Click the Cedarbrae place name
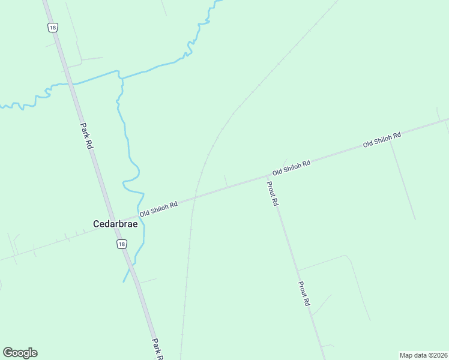click(115, 224)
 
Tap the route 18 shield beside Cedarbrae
click(122, 244)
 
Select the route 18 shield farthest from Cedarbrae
click(52, 27)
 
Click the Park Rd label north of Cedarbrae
click(86, 136)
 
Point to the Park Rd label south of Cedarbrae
click(157, 349)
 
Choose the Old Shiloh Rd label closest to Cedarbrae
click(158, 209)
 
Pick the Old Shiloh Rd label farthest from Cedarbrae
click(381, 140)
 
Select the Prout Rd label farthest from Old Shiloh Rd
click(304, 295)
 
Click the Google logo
click(20, 353)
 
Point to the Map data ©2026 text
click(423, 355)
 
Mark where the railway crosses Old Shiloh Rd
click(195, 196)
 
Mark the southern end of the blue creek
click(124, 281)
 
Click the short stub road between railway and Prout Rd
click(226, 181)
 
